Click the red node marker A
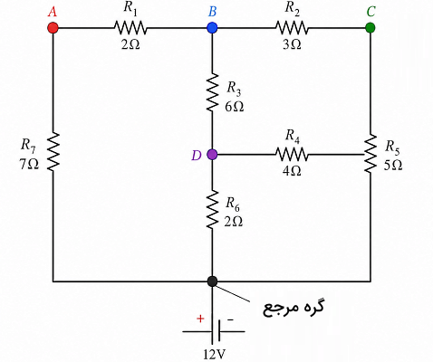[x=53, y=28]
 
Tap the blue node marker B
[x=212, y=28]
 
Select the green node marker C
[x=370, y=28]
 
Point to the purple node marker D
[x=212, y=155]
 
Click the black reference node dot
[x=212, y=281]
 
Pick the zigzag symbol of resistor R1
[x=130, y=28]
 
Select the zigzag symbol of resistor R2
[x=292, y=28]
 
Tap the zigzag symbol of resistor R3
[x=212, y=92]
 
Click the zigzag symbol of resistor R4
[x=292, y=155]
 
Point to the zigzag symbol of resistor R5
[x=370, y=153]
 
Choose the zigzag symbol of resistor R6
[x=212, y=209]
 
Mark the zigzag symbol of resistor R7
[x=53, y=152]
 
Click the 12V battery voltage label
[x=214, y=355]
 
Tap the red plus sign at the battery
[x=200, y=319]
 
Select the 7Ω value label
[x=29, y=165]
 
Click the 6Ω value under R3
[x=234, y=107]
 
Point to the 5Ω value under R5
[x=393, y=165]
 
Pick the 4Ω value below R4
[x=292, y=171]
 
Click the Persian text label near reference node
[x=293, y=308]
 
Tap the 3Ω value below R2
[x=292, y=44]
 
